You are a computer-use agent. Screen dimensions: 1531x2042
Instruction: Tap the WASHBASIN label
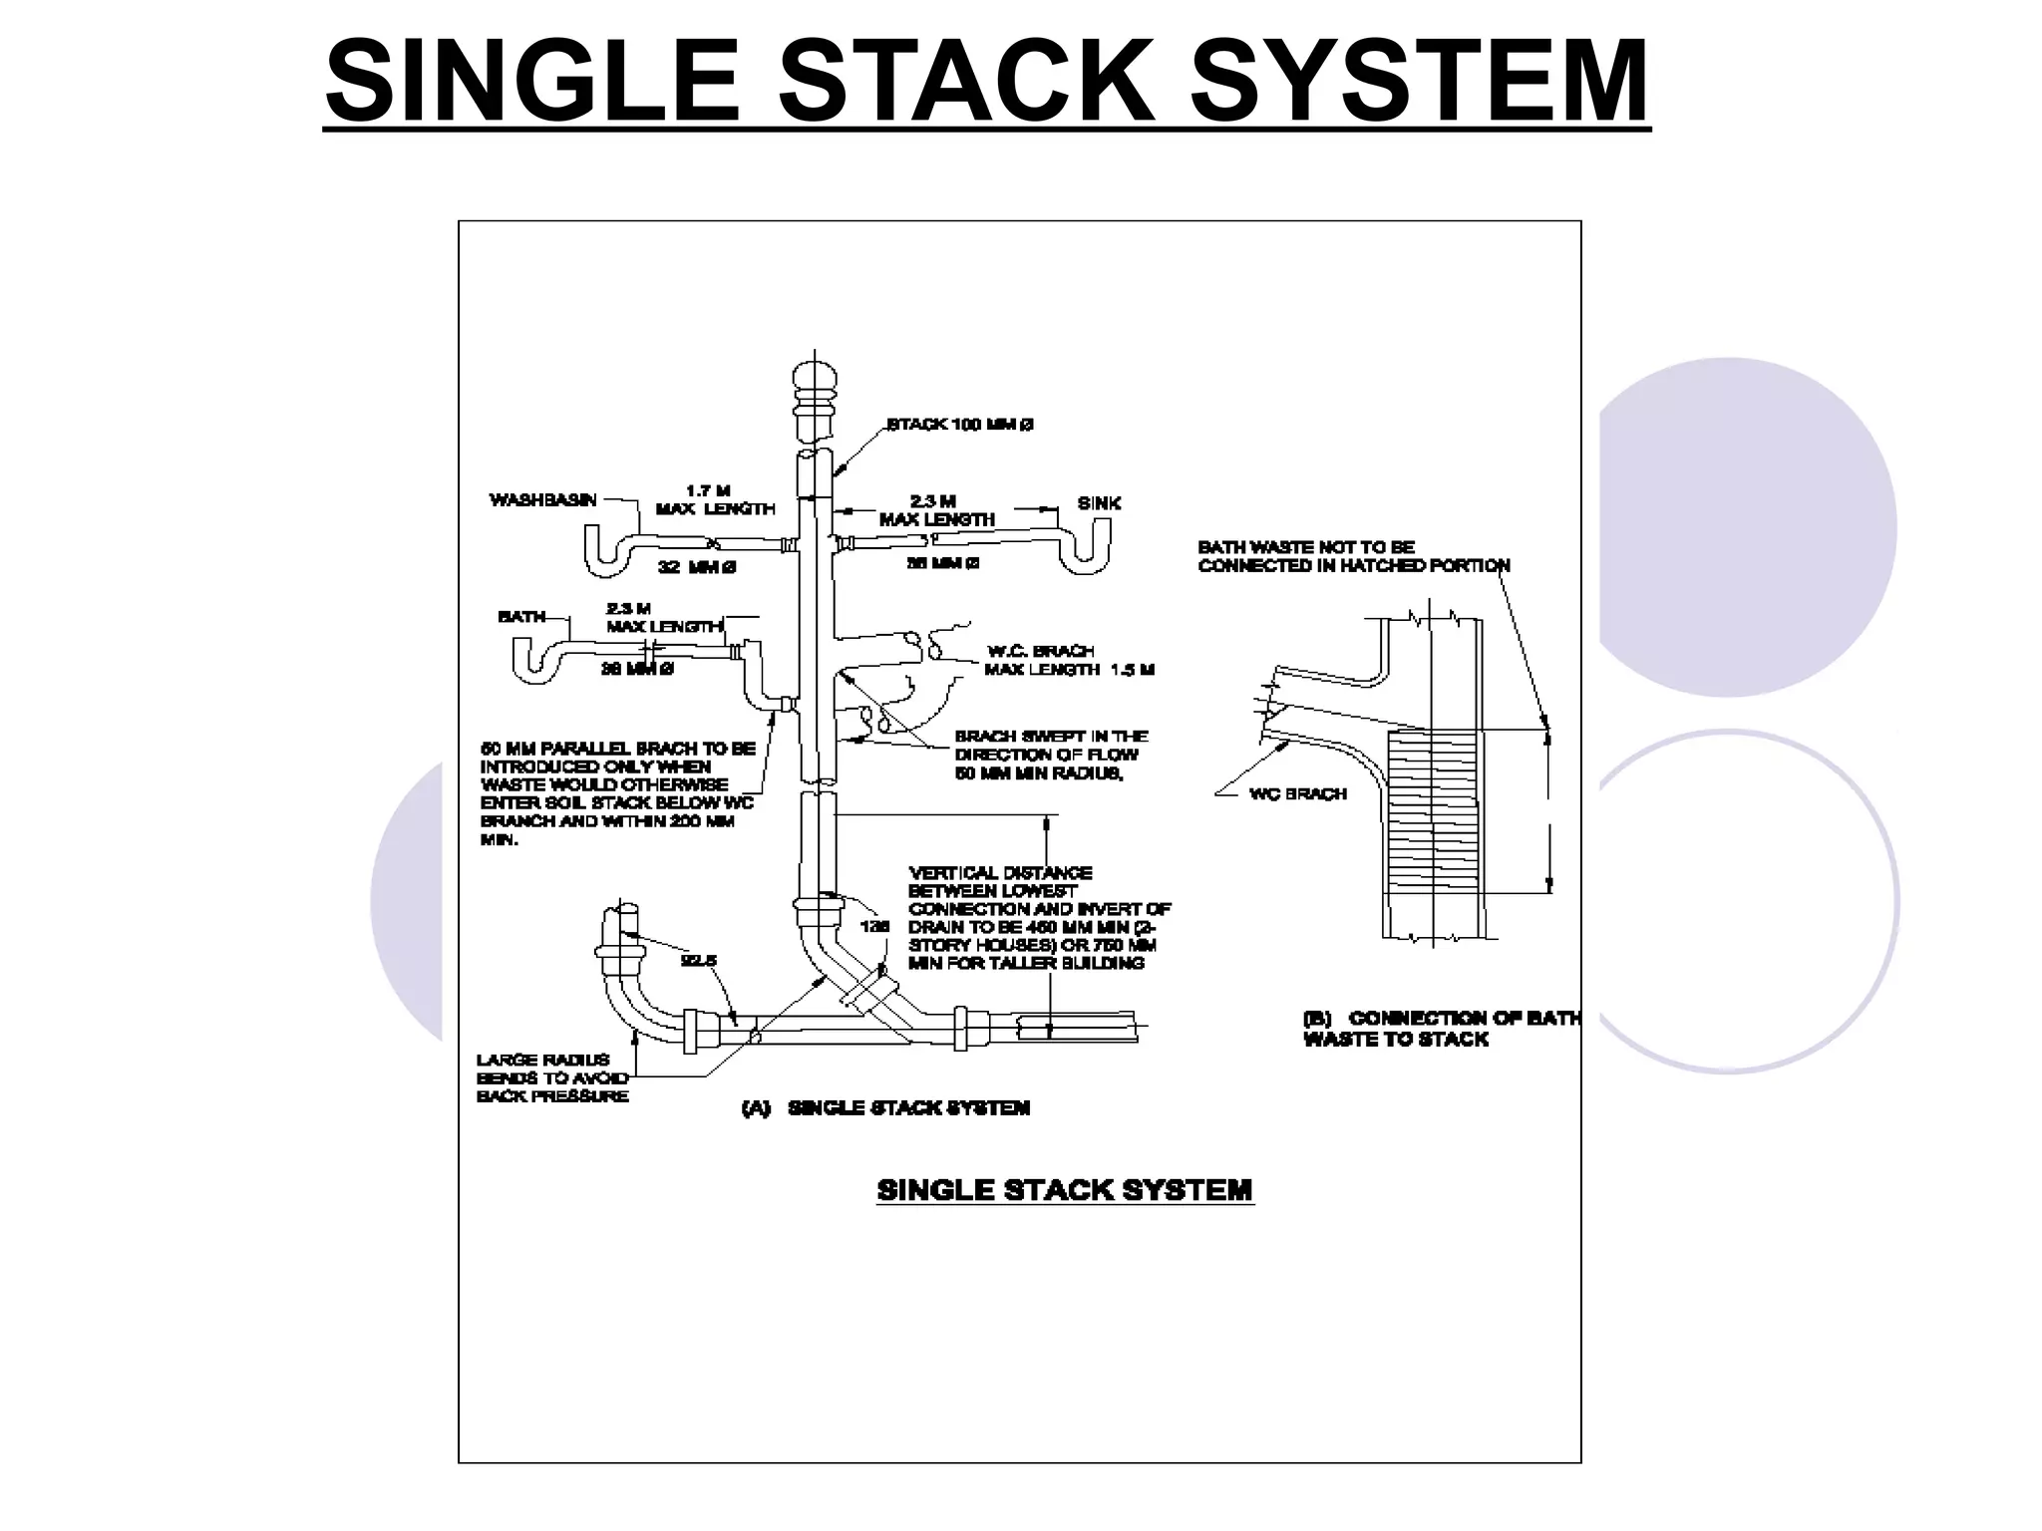tap(542, 499)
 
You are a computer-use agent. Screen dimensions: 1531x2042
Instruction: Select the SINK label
tap(1099, 503)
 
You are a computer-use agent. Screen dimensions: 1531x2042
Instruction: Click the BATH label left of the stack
tap(521, 617)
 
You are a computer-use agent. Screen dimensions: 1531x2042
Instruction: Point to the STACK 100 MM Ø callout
tap(959, 425)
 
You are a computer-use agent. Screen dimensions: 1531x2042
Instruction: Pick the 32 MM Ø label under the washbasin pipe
tap(697, 567)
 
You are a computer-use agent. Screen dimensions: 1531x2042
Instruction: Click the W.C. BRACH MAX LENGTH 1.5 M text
tap(1069, 660)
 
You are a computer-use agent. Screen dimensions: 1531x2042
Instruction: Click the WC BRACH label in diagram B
tap(1297, 794)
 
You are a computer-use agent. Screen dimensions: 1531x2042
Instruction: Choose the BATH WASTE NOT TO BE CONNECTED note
tap(1353, 556)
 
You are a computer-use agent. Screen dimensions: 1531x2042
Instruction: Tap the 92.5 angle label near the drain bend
tap(698, 961)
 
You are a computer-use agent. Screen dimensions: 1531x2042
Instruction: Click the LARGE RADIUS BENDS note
tap(552, 1077)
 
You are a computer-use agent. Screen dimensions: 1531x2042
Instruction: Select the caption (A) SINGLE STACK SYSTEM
tap(886, 1107)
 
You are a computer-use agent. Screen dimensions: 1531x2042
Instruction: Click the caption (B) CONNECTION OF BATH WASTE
tap(1440, 1028)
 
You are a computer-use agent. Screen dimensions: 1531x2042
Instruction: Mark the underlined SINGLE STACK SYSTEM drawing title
tap(1064, 1190)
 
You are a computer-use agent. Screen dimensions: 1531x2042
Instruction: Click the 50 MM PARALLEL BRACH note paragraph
tap(617, 793)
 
